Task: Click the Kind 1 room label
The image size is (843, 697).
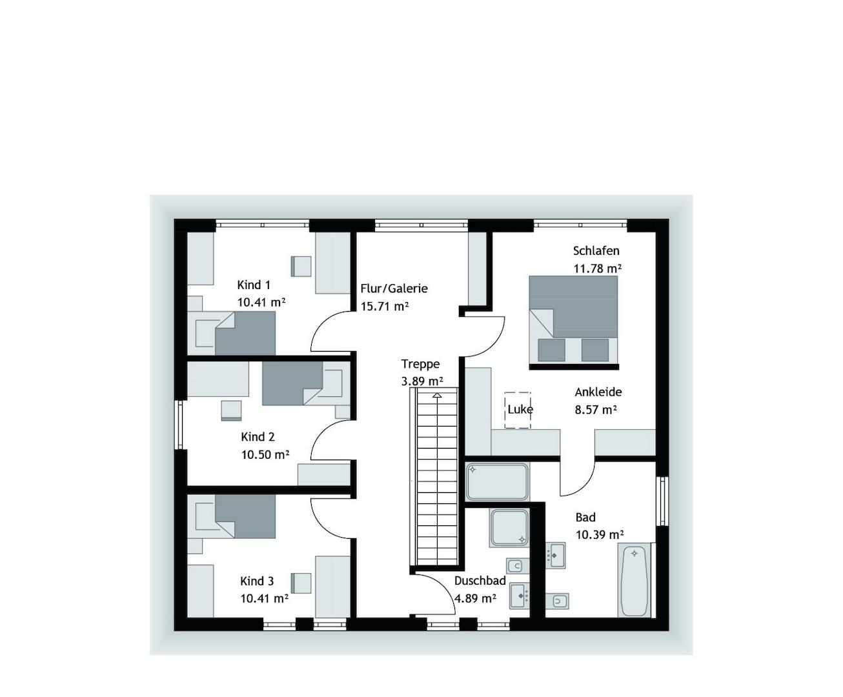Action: [x=254, y=285]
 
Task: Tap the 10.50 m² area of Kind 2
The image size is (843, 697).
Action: [x=265, y=455]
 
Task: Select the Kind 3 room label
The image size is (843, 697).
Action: [x=257, y=581]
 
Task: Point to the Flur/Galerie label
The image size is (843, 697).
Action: [x=394, y=288]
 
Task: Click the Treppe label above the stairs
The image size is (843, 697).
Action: [x=420, y=364]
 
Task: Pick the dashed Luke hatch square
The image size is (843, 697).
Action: [x=518, y=410]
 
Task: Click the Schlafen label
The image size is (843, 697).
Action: [x=596, y=250]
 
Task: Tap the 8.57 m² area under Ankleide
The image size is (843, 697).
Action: [x=596, y=410]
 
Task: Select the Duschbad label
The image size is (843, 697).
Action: [x=480, y=581]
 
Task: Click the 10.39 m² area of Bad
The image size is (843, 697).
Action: [x=600, y=535]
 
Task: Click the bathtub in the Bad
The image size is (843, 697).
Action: [x=635, y=580]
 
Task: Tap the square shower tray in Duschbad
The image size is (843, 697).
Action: [x=509, y=528]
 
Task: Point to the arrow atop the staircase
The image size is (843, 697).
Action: [x=437, y=396]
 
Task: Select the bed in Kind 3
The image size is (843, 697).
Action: [x=235, y=516]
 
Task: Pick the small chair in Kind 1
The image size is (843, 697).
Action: [x=301, y=267]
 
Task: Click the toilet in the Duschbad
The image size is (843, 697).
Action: [x=518, y=566]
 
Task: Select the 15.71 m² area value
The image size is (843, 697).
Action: [x=384, y=307]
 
